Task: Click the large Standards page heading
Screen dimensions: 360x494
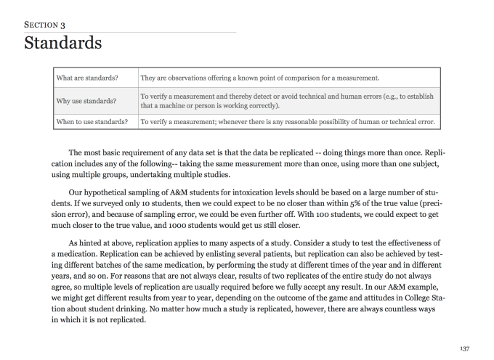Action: pyautogui.click(x=63, y=43)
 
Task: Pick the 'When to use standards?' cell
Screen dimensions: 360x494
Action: pyautogui.click(x=93, y=122)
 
